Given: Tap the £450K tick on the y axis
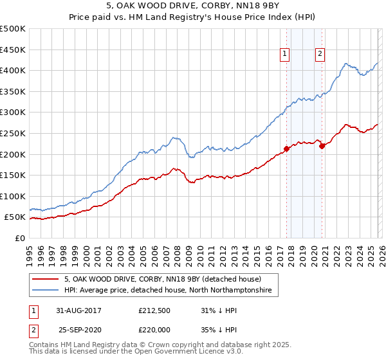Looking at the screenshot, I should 13,50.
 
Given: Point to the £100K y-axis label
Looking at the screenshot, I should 13,196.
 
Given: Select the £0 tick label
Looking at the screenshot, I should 21,238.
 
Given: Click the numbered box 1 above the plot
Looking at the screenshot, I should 284,55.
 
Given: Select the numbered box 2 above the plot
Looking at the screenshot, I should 320,55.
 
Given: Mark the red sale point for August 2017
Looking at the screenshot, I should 286,149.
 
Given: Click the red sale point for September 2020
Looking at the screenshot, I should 322,146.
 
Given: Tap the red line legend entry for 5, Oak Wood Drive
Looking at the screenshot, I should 162,280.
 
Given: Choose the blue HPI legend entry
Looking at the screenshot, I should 167,291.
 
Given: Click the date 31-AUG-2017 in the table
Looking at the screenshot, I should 78,310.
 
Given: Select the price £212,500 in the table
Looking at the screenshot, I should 154,310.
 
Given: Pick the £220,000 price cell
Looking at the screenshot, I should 154,328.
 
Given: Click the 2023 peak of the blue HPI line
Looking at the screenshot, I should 346,63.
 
